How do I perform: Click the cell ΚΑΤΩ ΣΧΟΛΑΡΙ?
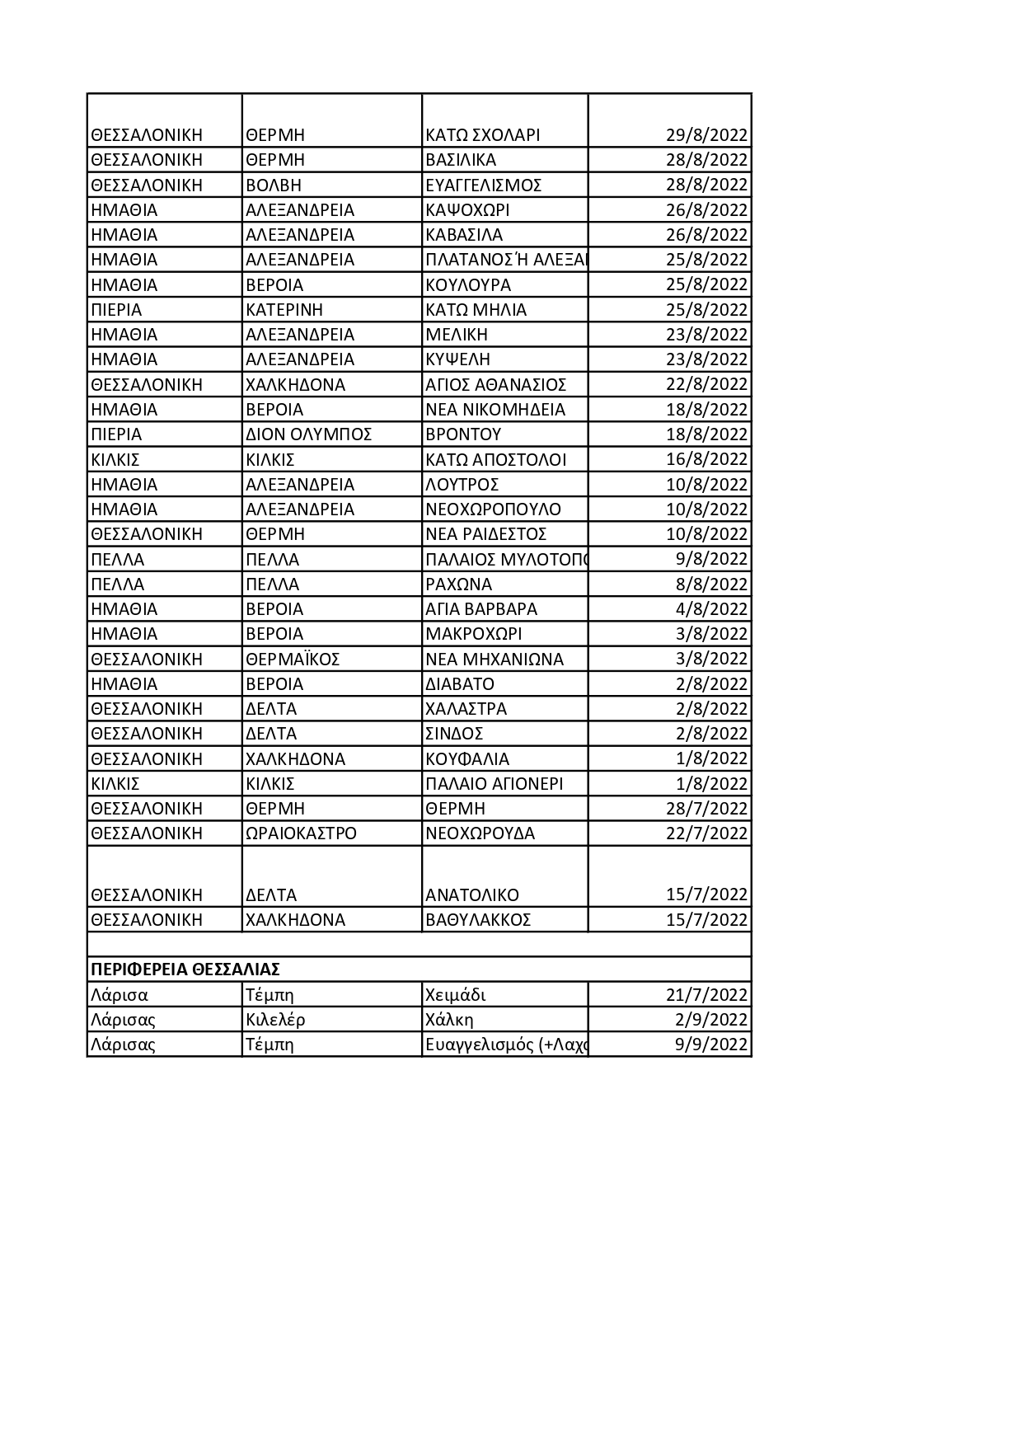point(483,135)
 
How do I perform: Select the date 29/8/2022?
point(706,135)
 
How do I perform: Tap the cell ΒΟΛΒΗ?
point(274,185)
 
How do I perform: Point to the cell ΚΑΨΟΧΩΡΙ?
point(467,210)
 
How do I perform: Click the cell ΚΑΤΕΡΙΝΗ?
point(284,310)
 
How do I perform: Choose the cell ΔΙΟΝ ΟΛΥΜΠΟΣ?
point(309,434)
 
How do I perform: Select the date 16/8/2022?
point(706,459)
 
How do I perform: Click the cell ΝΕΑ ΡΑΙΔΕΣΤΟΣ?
point(486,534)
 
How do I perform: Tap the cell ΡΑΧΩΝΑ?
point(459,585)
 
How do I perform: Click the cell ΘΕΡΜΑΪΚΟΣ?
point(293,660)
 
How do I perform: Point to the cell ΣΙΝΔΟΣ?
point(454,734)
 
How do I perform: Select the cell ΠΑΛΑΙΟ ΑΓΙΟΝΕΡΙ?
point(495,784)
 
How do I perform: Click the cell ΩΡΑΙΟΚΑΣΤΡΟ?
point(302,833)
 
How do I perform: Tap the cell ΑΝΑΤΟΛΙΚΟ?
point(472,895)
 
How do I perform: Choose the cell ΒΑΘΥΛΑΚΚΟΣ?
point(478,920)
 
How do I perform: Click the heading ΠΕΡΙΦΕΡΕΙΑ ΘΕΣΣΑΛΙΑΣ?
point(185,969)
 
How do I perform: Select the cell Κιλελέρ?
point(275,1020)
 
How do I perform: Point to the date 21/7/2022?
point(706,995)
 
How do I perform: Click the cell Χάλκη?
point(449,1020)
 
